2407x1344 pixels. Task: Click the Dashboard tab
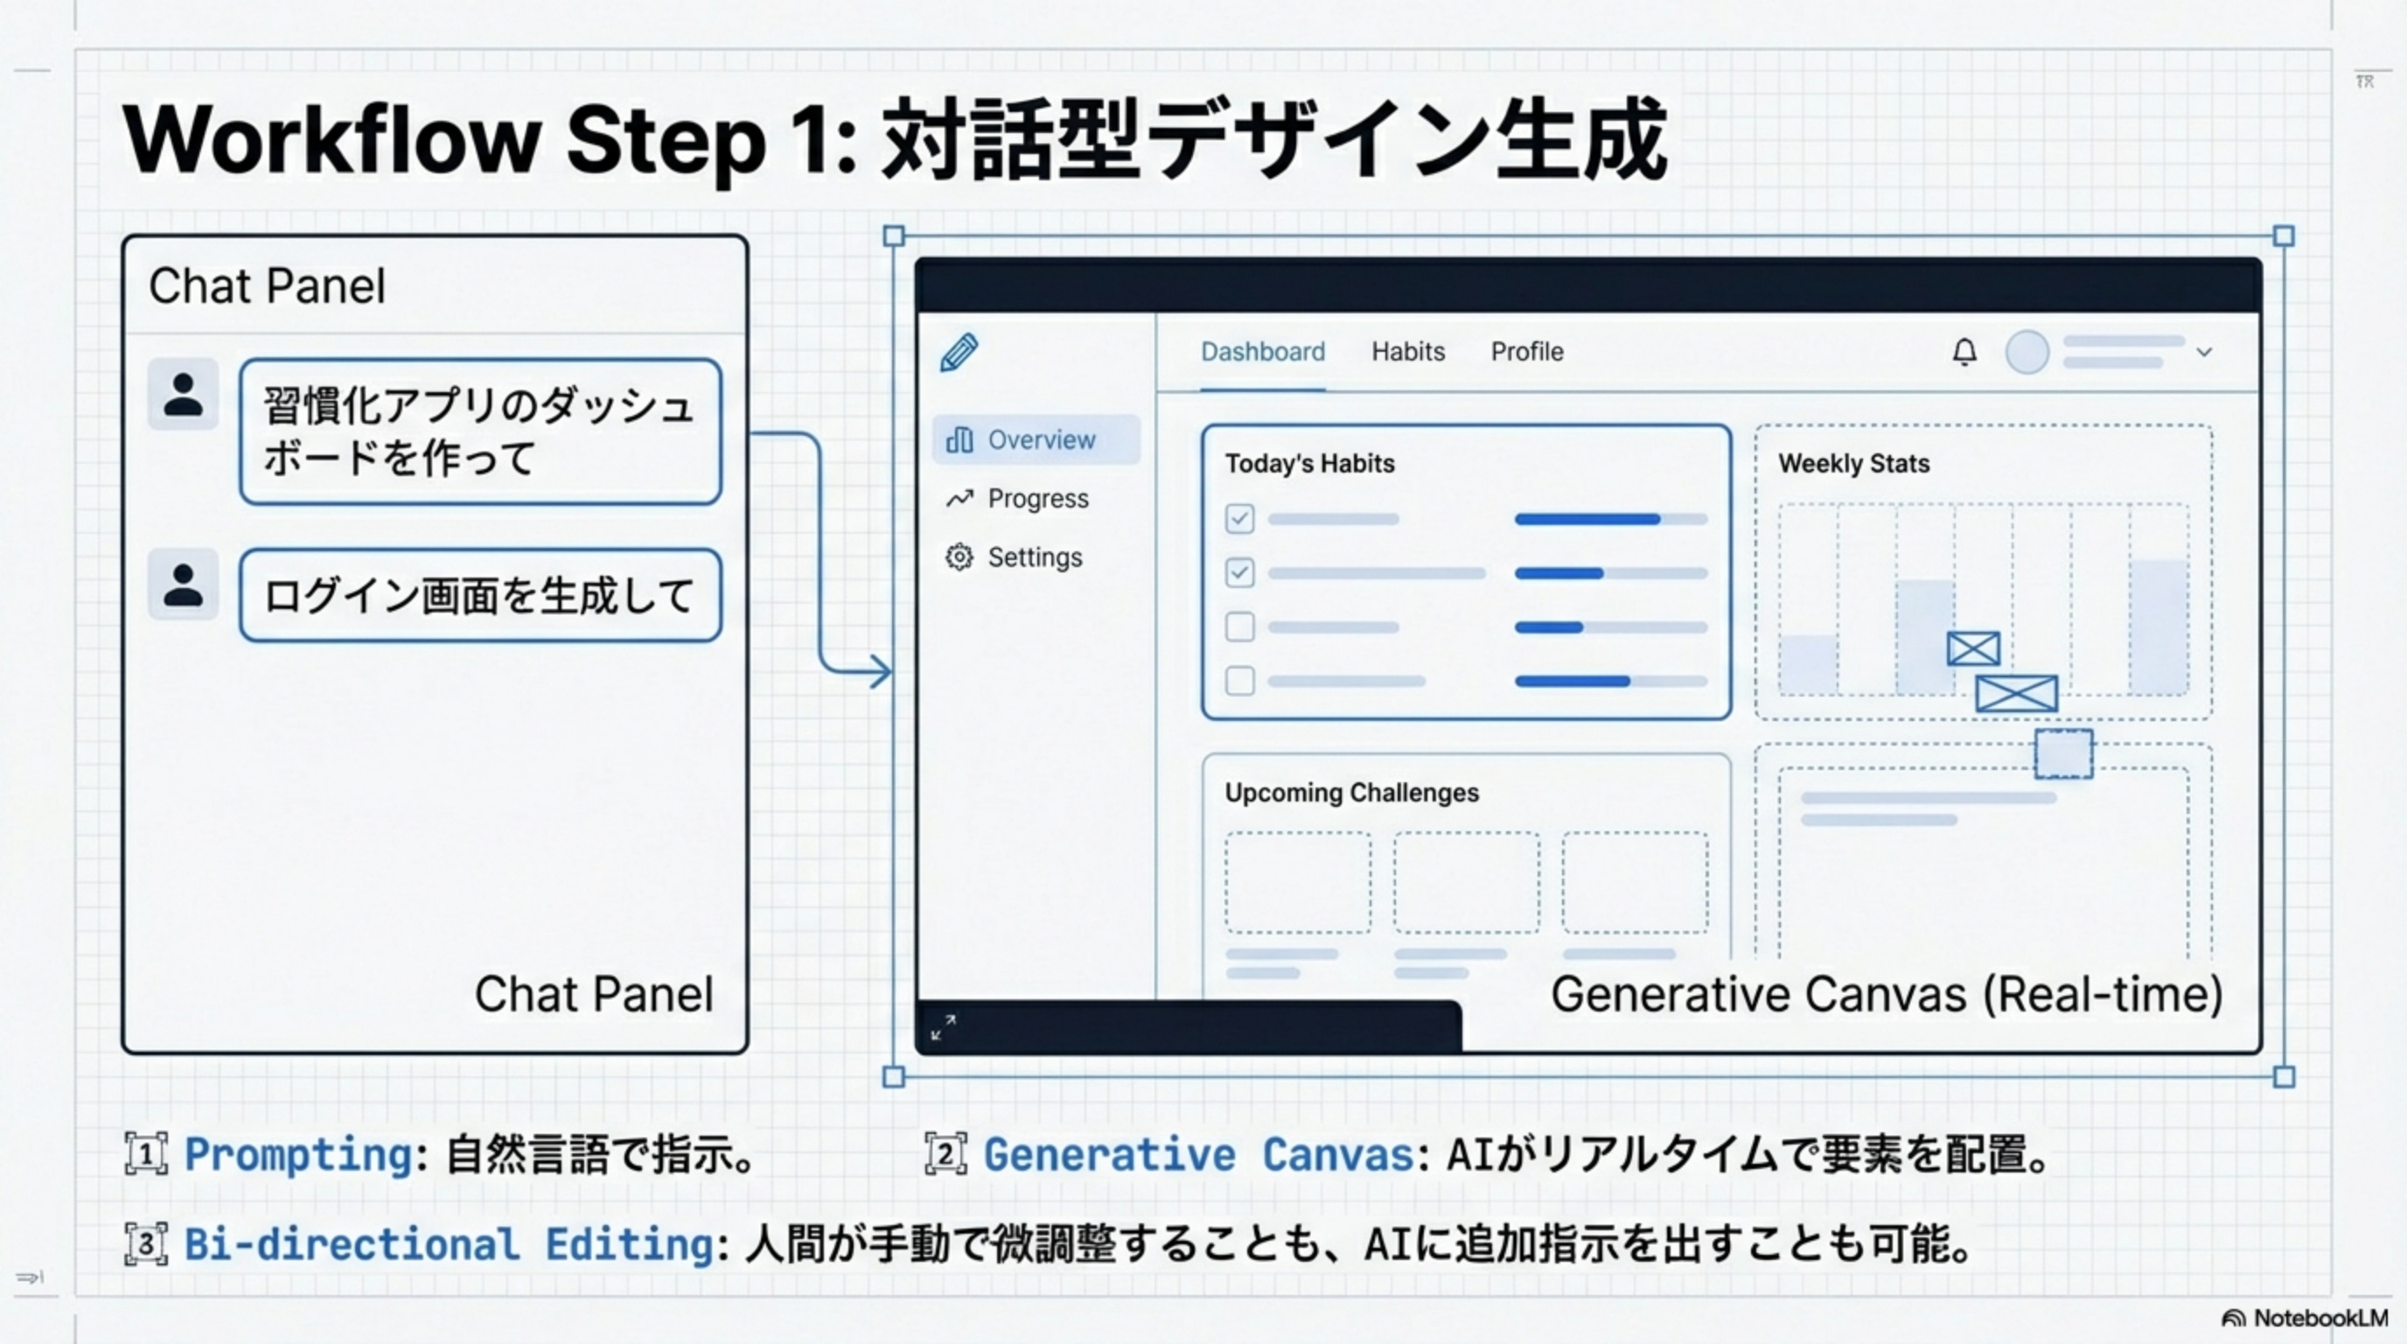point(1262,352)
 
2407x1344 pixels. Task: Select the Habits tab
point(1408,352)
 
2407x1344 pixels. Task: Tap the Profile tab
point(1527,352)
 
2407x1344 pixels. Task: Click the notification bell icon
point(1964,353)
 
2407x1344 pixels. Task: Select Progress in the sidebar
point(1037,498)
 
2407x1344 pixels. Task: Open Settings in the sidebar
point(1035,557)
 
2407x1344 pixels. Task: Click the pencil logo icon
point(959,353)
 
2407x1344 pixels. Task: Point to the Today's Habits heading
point(1309,464)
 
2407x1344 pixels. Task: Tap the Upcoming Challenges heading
point(1351,793)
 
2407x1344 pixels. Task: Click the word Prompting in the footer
point(299,1154)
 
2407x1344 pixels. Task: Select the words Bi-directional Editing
point(449,1245)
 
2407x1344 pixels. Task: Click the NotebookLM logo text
point(2320,1318)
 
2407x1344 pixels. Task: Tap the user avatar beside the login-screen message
point(183,584)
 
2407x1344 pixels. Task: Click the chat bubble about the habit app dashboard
point(480,431)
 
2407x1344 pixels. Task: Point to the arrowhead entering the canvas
point(880,671)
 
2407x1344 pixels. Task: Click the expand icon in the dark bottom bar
point(943,1027)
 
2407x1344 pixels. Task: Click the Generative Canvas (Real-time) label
point(1887,995)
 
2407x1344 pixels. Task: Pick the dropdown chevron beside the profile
point(2204,353)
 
